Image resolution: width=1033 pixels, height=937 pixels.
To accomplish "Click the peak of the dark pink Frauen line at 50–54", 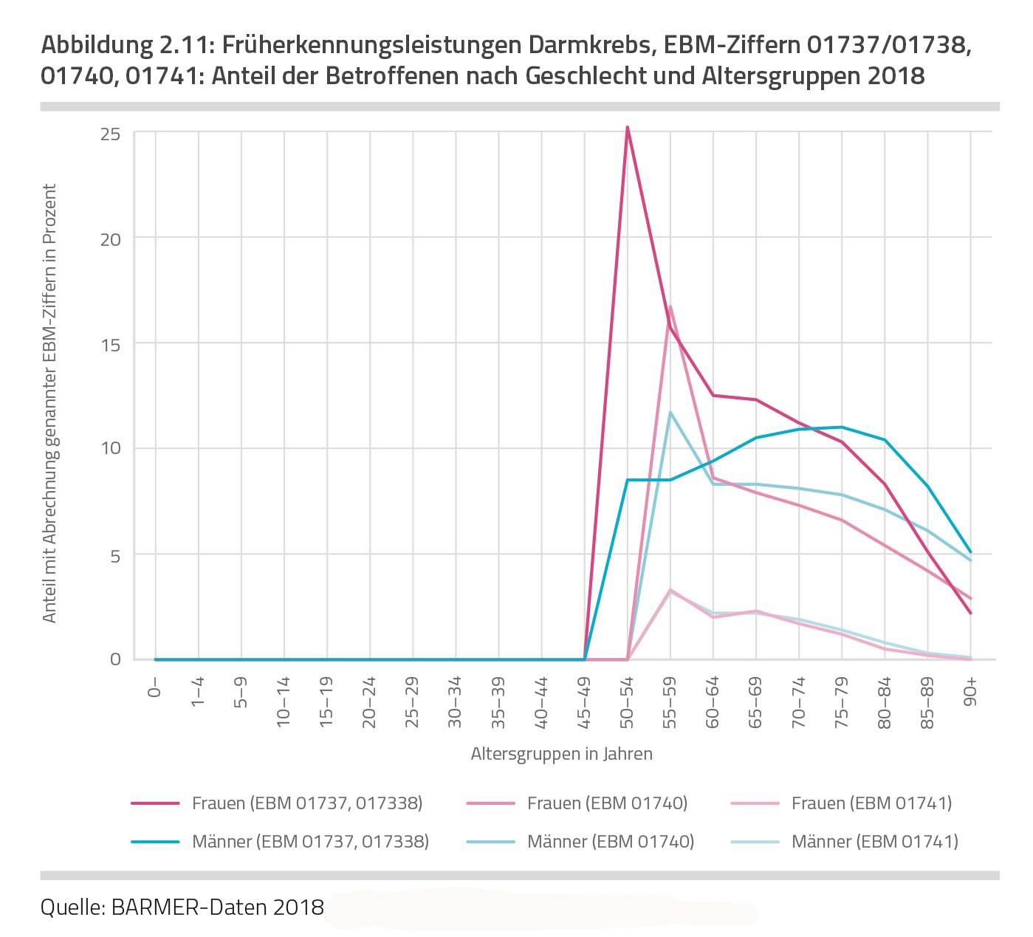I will click(627, 128).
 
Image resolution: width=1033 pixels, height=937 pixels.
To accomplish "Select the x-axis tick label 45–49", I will click(585, 702).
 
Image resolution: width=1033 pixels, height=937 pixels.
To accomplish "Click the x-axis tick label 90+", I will click(970, 693).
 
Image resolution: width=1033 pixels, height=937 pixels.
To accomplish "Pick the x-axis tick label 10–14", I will click(284, 702).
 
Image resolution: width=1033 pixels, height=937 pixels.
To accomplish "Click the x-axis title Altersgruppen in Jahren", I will click(561, 755).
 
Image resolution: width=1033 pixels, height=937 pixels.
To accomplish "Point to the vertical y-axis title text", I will click(49, 403).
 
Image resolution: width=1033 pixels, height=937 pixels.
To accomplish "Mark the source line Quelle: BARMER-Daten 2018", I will click(182, 907).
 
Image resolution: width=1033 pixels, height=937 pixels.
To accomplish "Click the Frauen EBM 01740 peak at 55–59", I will click(670, 306).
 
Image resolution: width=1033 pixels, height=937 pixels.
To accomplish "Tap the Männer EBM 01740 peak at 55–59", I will click(670, 413).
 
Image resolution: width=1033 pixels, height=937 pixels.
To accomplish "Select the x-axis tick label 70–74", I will click(799, 702).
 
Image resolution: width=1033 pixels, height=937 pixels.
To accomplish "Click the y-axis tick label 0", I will click(115, 659).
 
